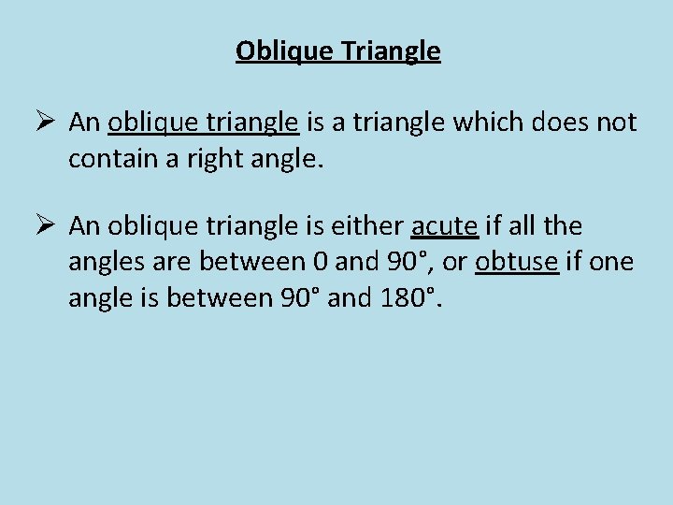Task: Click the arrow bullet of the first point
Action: click(x=50, y=123)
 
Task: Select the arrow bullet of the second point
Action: click(x=50, y=226)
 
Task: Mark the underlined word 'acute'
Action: click(x=445, y=226)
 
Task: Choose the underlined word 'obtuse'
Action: click(x=517, y=263)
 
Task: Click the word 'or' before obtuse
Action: click(x=454, y=263)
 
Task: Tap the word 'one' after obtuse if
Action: click(x=612, y=263)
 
